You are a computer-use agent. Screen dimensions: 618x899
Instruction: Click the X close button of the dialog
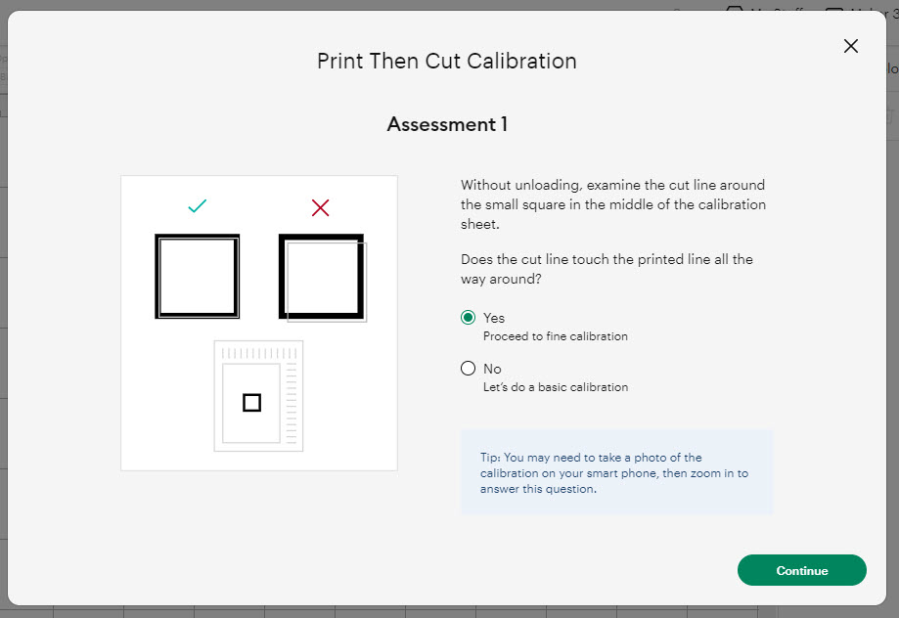(850, 46)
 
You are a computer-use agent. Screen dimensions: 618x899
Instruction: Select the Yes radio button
(468, 318)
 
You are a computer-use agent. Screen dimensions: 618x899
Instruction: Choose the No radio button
(468, 369)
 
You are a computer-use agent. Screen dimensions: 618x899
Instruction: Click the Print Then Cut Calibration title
(446, 61)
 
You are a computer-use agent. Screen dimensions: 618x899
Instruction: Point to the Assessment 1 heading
(446, 124)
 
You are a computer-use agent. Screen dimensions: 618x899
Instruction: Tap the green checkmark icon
(198, 206)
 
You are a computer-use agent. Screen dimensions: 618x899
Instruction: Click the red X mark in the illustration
(320, 207)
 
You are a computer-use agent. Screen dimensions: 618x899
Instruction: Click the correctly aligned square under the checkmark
(198, 276)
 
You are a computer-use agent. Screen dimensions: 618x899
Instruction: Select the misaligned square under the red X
(322, 278)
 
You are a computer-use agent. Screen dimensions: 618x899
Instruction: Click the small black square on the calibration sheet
(251, 402)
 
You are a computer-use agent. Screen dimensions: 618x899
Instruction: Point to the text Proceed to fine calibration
(555, 336)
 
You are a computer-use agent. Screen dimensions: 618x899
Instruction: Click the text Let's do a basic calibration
(555, 387)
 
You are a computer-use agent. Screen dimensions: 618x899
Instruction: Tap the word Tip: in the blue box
(490, 458)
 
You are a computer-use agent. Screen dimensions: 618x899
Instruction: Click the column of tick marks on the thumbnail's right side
(292, 401)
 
